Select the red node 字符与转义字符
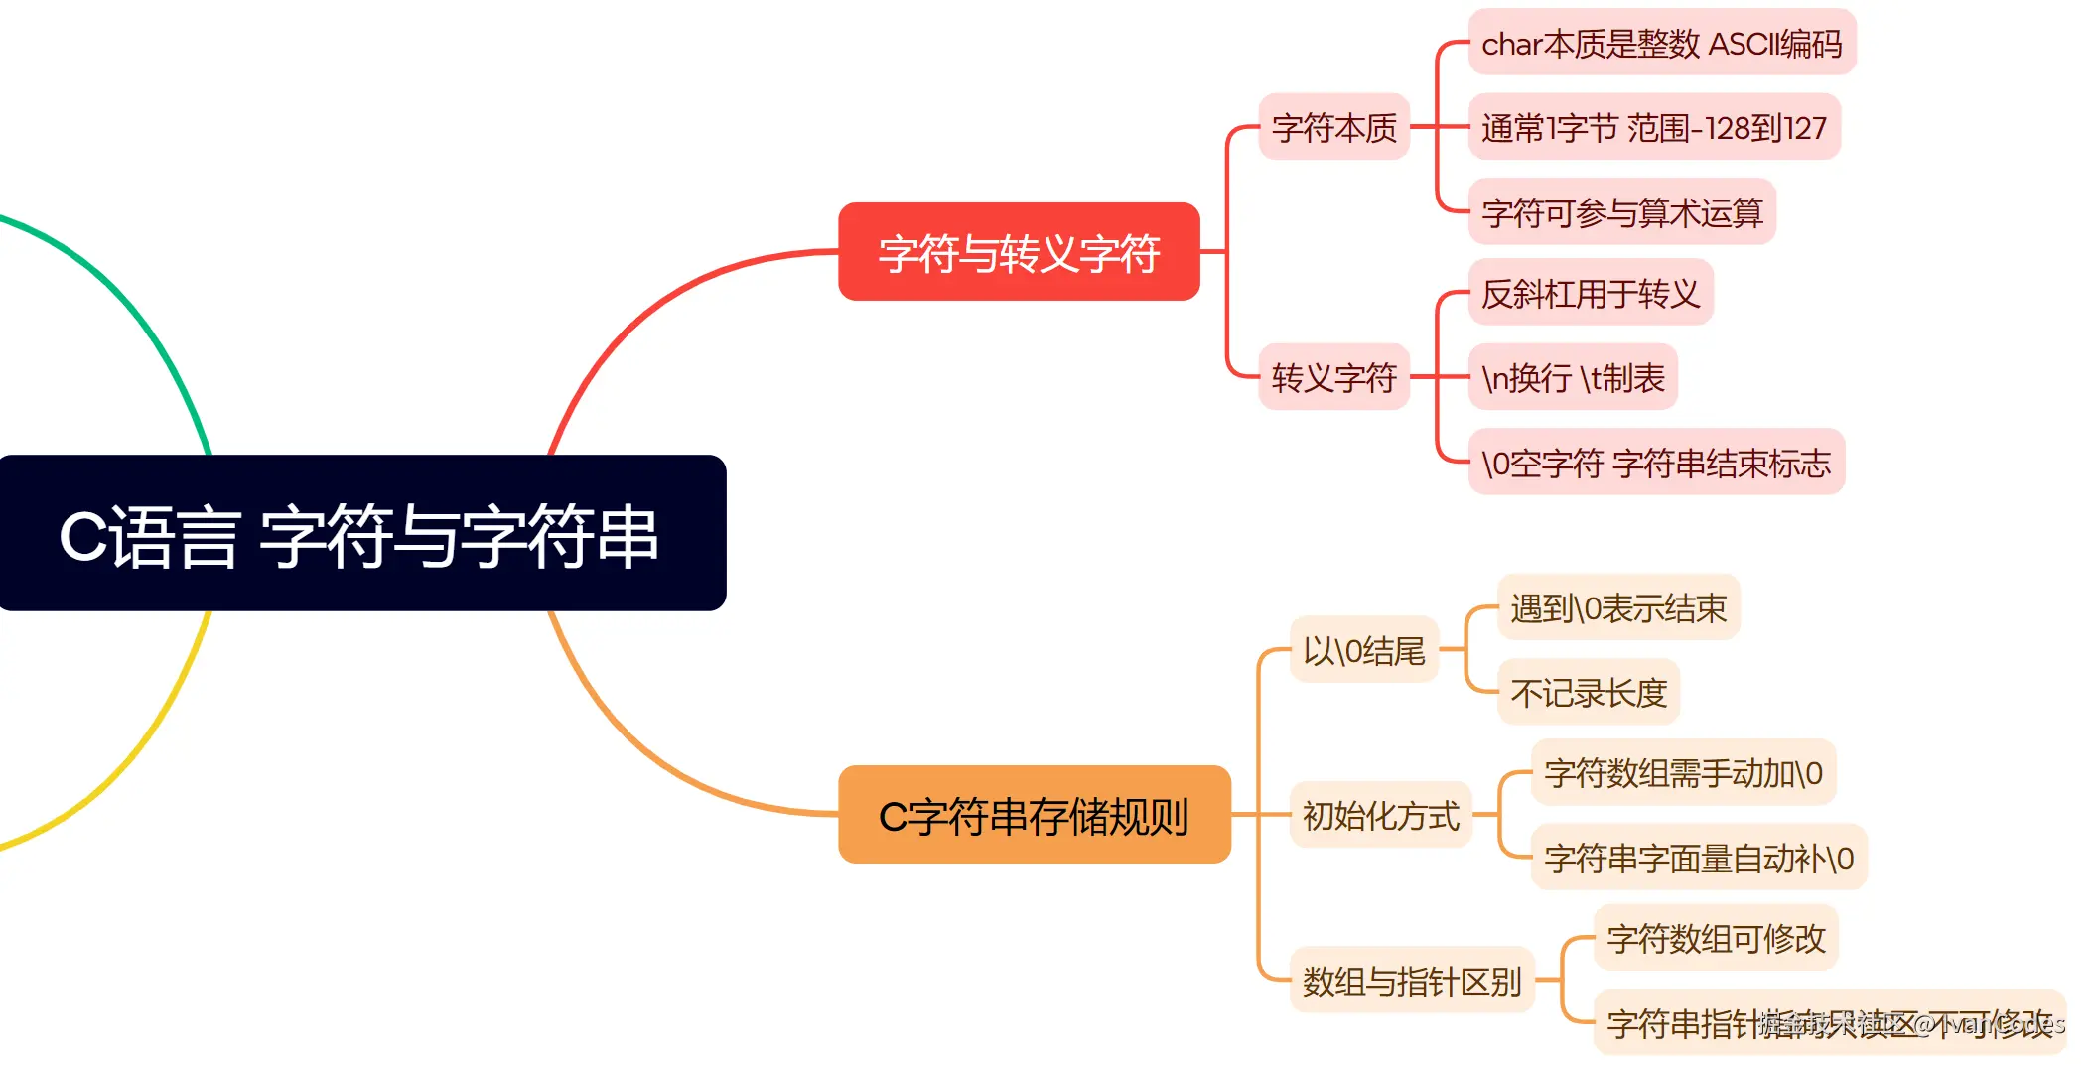(1019, 252)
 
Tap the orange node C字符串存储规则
(1034, 815)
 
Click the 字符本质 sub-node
(1333, 127)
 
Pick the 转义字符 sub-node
(1333, 377)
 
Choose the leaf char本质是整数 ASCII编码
(1661, 43)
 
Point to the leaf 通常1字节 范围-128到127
(1653, 127)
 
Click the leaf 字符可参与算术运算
(1621, 211)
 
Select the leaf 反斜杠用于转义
(1590, 293)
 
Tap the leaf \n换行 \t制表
(1572, 377)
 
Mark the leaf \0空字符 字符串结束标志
(1655, 462)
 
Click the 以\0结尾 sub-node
(1363, 650)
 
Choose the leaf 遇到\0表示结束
(1617, 607)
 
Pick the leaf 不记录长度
(1588, 692)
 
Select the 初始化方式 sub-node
(1380, 815)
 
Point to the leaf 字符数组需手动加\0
(1683, 772)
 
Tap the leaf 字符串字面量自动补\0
(1698, 857)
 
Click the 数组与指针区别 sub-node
(1411, 981)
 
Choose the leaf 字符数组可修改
(1715, 938)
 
